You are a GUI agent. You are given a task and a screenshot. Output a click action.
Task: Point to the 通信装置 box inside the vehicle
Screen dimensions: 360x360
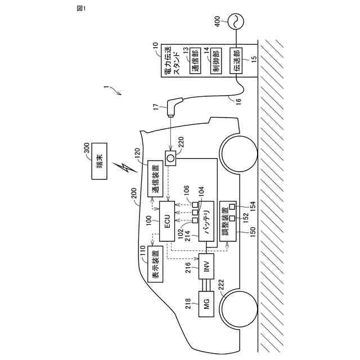155,179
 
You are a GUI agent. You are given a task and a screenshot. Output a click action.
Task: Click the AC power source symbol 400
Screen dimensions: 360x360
237,22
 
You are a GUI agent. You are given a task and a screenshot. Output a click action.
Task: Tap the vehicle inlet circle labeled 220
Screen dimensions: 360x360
169,159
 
